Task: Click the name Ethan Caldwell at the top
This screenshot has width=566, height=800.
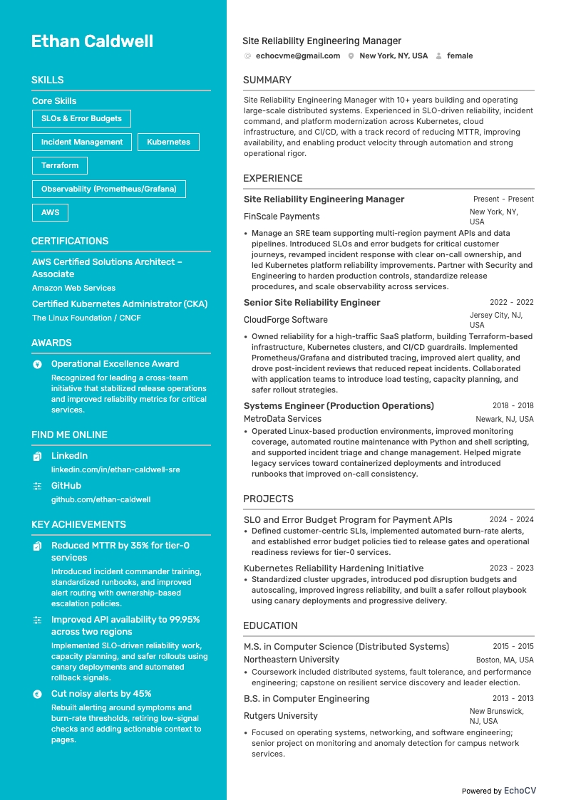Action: pos(92,41)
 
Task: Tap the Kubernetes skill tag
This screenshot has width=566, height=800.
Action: pos(168,142)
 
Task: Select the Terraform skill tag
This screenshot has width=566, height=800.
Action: pos(60,165)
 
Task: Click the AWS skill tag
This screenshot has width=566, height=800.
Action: pos(50,212)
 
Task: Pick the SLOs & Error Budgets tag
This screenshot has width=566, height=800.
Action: pos(81,118)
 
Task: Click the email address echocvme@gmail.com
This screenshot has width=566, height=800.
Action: pos(298,56)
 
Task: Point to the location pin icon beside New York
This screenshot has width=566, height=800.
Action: pos(351,56)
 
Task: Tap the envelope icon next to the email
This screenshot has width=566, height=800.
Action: pos(247,56)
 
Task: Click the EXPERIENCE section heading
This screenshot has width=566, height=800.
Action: pos(273,178)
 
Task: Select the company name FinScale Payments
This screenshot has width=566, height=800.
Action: pos(282,217)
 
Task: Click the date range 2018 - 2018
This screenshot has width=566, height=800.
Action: pos(513,405)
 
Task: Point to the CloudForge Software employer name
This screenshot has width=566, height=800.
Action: pos(286,320)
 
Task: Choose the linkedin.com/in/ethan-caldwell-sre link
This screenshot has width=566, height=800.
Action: pos(115,469)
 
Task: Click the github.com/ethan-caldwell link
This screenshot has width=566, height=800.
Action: pos(101,499)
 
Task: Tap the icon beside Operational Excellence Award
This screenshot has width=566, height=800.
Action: pos(38,364)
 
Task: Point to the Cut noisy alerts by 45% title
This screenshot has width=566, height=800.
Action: pos(101,694)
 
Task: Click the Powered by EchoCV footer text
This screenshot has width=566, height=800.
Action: pos(499,791)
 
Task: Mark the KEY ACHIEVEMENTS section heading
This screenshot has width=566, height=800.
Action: pos(78,524)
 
